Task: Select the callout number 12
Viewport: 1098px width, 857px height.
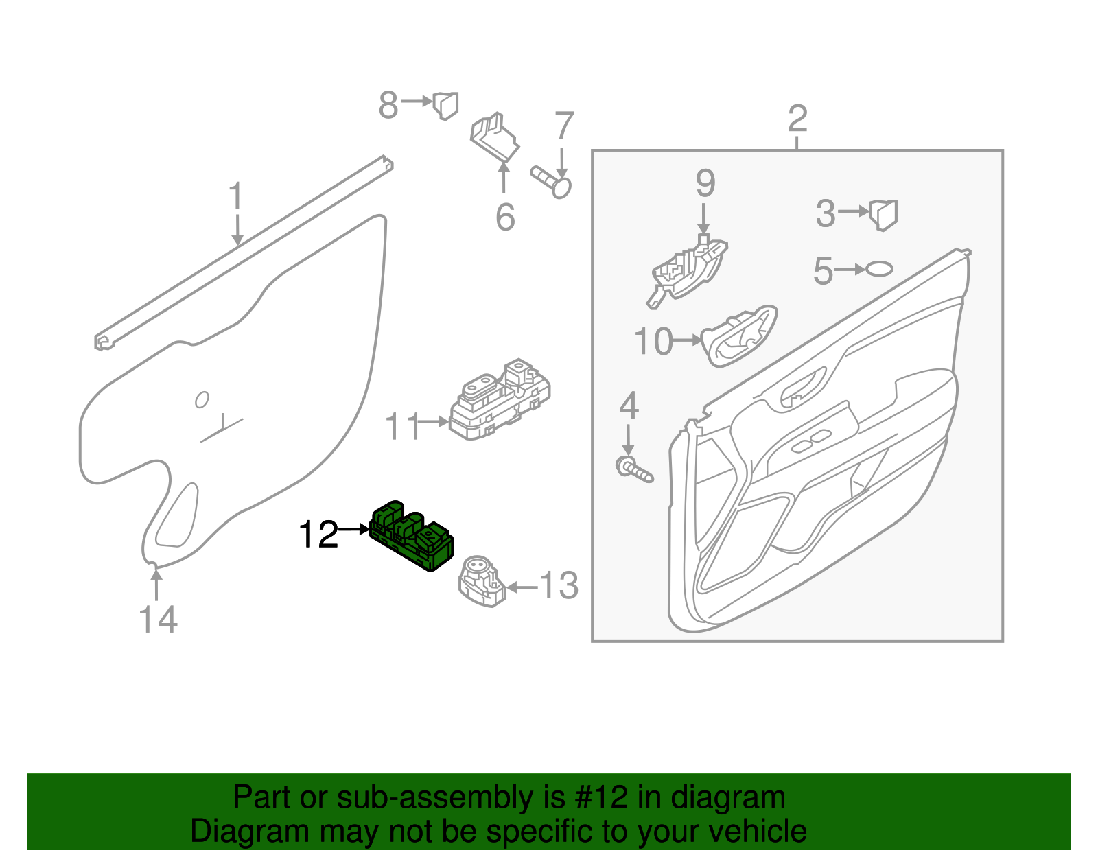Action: (318, 535)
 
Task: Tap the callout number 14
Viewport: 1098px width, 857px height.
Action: (158, 620)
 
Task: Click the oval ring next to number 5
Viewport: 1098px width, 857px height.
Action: (880, 269)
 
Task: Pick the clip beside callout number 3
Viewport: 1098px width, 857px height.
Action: (883, 214)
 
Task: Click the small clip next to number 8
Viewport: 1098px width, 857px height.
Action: (445, 106)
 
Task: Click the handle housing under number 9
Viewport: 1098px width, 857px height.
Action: (688, 271)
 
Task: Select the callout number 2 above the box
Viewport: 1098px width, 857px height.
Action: (797, 119)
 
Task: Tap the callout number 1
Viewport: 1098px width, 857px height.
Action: (235, 196)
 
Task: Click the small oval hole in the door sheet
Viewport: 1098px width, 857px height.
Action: (202, 399)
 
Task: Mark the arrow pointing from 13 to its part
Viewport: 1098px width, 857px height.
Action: (522, 587)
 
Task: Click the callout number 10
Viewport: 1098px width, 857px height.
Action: (653, 341)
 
